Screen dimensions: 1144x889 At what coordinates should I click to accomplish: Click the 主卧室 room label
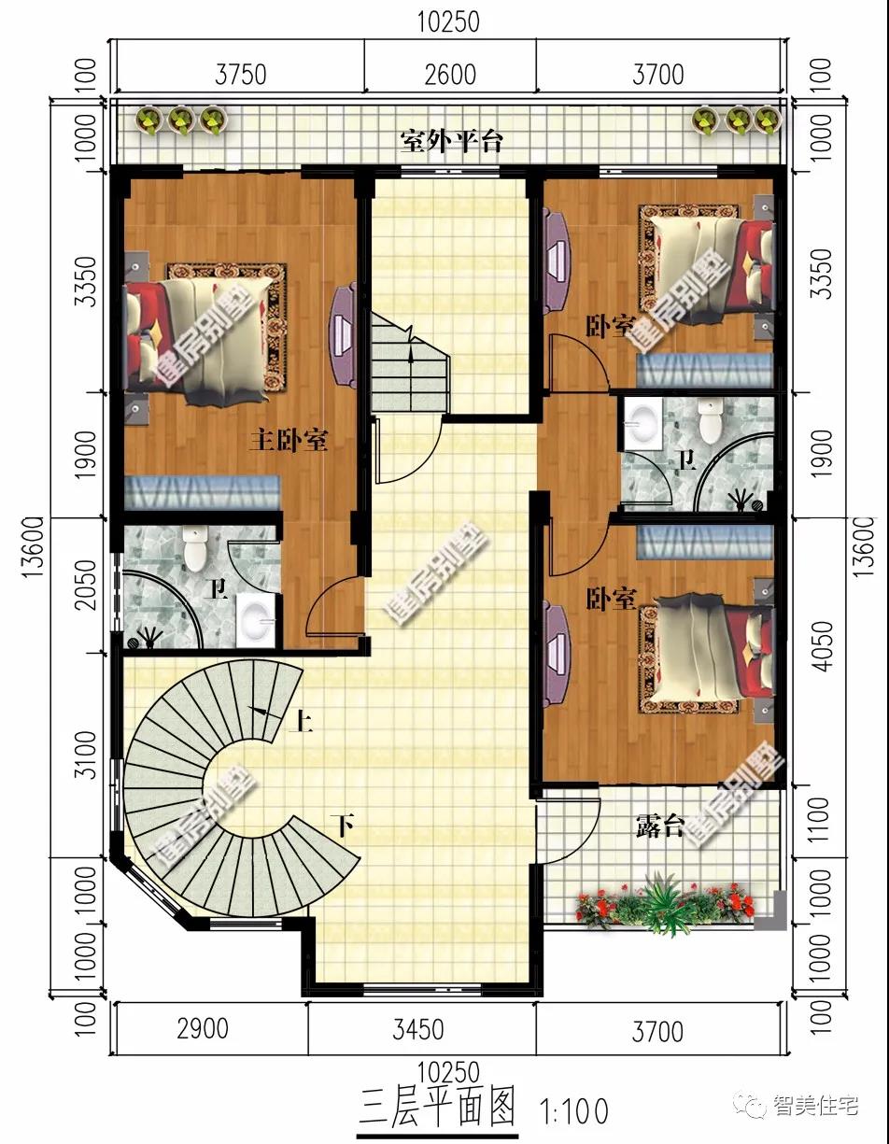(x=288, y=440)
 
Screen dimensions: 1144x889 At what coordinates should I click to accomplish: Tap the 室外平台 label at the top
(x=452, y=141)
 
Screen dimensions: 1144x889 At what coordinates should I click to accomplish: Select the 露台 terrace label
(x=660, y=826)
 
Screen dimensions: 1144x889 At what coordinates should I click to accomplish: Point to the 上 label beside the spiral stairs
(x=303, y=721)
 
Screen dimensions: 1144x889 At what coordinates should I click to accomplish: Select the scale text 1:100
(x=573, y=1111)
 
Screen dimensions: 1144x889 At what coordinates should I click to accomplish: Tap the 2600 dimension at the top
(x=450, y=74)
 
